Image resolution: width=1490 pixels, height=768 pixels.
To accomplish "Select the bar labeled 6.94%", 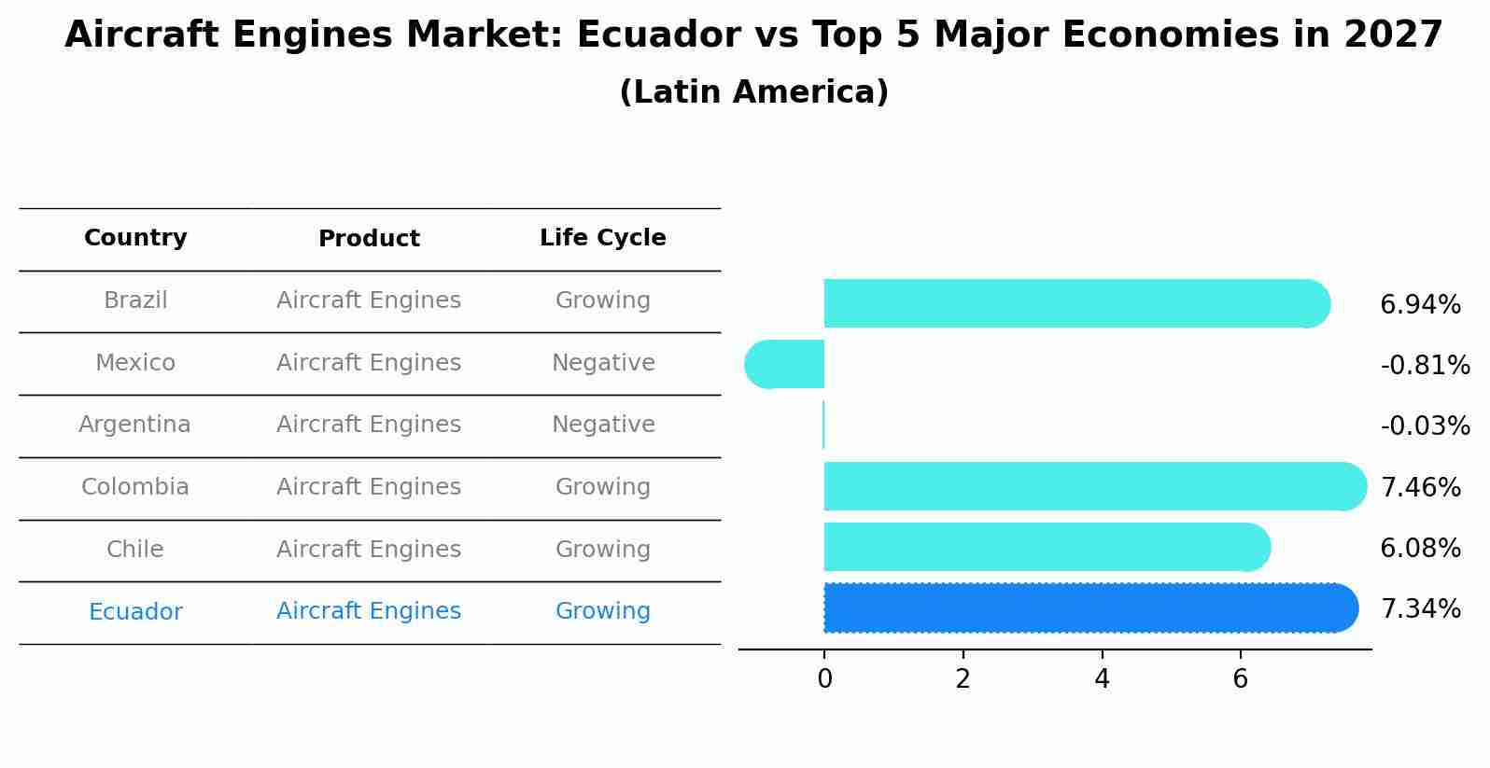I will click(1074, 303).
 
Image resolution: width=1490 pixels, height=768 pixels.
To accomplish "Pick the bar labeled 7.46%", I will click(1092, 486).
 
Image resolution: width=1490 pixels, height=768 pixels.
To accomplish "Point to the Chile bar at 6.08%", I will click(1046, 547).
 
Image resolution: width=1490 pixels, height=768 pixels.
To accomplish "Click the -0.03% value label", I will click(1425, 426).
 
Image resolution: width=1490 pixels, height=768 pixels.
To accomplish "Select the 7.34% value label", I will click(1420, 609).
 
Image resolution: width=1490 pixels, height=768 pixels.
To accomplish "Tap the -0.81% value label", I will click(1425, 366).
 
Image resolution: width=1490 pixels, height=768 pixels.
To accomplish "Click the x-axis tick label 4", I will click(1102, 679).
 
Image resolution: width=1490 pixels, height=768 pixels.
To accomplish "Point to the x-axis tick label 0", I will click(824, 679).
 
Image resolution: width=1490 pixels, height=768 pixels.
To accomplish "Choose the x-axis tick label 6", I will click(1240, 679).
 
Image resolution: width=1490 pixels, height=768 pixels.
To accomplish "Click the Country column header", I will click(135, 238).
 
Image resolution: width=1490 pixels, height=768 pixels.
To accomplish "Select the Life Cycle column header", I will click(602, 238).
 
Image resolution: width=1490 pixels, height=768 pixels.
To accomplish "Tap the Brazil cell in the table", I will click(135, 300).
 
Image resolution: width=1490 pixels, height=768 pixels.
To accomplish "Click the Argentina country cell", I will click(134, 425).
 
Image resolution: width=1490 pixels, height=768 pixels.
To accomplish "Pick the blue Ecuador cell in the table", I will click(135, 612).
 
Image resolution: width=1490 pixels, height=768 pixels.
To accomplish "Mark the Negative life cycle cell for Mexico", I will click(603, 363).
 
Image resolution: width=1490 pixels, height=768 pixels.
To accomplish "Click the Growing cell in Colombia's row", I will click(602, 487).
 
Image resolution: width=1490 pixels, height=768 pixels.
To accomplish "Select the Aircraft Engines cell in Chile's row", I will click(369, 550).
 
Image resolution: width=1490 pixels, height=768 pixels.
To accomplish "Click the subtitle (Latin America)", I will click(753, 92).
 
